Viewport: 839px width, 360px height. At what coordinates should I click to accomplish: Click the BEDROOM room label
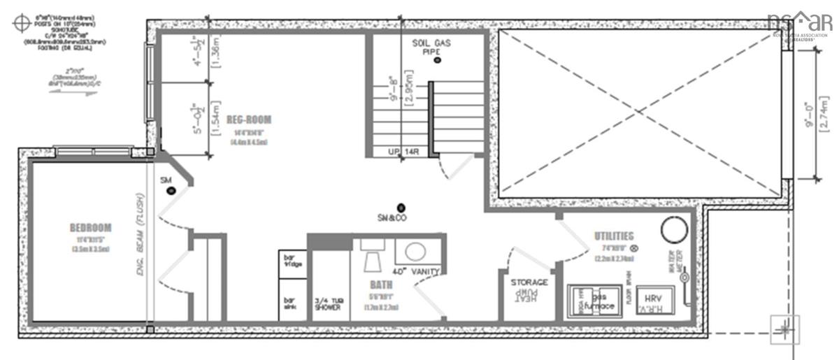click(91, 228)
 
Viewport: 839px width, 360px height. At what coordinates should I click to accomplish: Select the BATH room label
click(381, 285)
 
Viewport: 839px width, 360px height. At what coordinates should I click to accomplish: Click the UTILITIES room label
click(613, 236)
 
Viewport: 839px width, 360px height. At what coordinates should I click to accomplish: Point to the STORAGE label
click(529, 282)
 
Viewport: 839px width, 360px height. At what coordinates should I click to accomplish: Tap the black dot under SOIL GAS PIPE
click(438, 61)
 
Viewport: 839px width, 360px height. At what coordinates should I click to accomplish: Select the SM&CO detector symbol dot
click(401, 207)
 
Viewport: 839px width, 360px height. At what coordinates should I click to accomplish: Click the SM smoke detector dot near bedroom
click(170, 190)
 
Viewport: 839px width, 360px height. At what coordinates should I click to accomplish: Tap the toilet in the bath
click(373, 257)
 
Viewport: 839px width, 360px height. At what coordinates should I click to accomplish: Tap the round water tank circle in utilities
click(675, 230)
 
